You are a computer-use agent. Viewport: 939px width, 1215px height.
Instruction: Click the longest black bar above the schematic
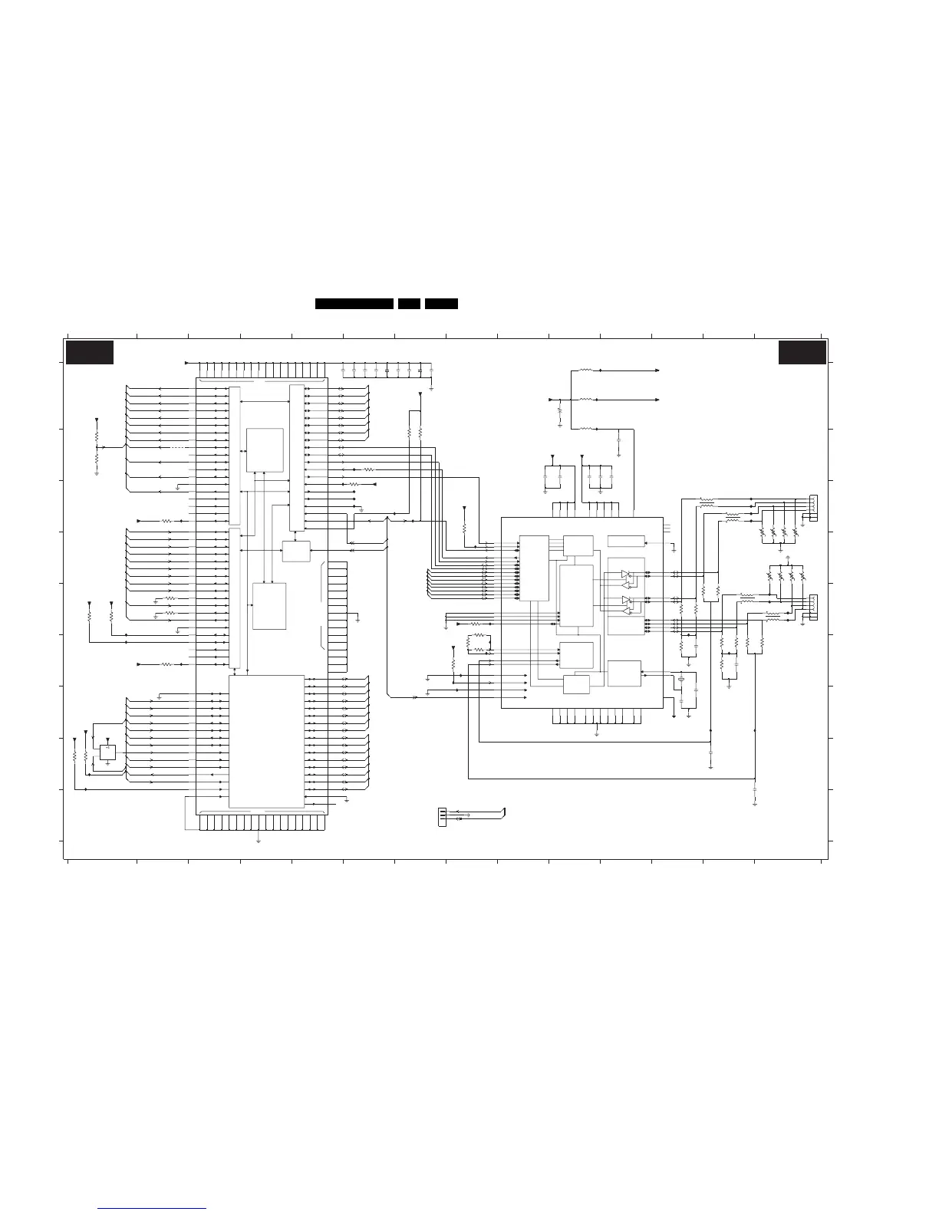[354, 304]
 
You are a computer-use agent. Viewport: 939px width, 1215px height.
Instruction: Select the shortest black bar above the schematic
[409, 304]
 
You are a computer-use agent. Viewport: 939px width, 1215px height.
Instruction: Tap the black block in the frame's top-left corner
[89, 352]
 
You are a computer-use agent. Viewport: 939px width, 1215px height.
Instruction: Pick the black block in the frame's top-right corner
[802, 352]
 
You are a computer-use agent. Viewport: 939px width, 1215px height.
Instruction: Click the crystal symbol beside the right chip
[680, 679]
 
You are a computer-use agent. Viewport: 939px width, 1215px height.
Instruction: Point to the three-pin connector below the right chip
[441, 817]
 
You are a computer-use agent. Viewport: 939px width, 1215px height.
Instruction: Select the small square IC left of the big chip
[107, 751]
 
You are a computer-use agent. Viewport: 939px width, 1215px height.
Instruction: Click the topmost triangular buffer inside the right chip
[626, 574]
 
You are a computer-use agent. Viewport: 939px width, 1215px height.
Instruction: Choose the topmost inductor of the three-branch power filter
[585, 370]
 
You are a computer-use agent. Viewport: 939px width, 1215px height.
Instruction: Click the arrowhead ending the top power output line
[657, 370]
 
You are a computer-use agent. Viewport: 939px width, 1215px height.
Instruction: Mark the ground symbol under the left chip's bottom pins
[258, 841]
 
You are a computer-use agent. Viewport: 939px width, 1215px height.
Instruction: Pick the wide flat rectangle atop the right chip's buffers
[624, 542]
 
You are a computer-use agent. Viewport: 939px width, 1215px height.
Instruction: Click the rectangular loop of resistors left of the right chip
[479, 643]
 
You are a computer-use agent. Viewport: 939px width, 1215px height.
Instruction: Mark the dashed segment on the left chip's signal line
[177, 446]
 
